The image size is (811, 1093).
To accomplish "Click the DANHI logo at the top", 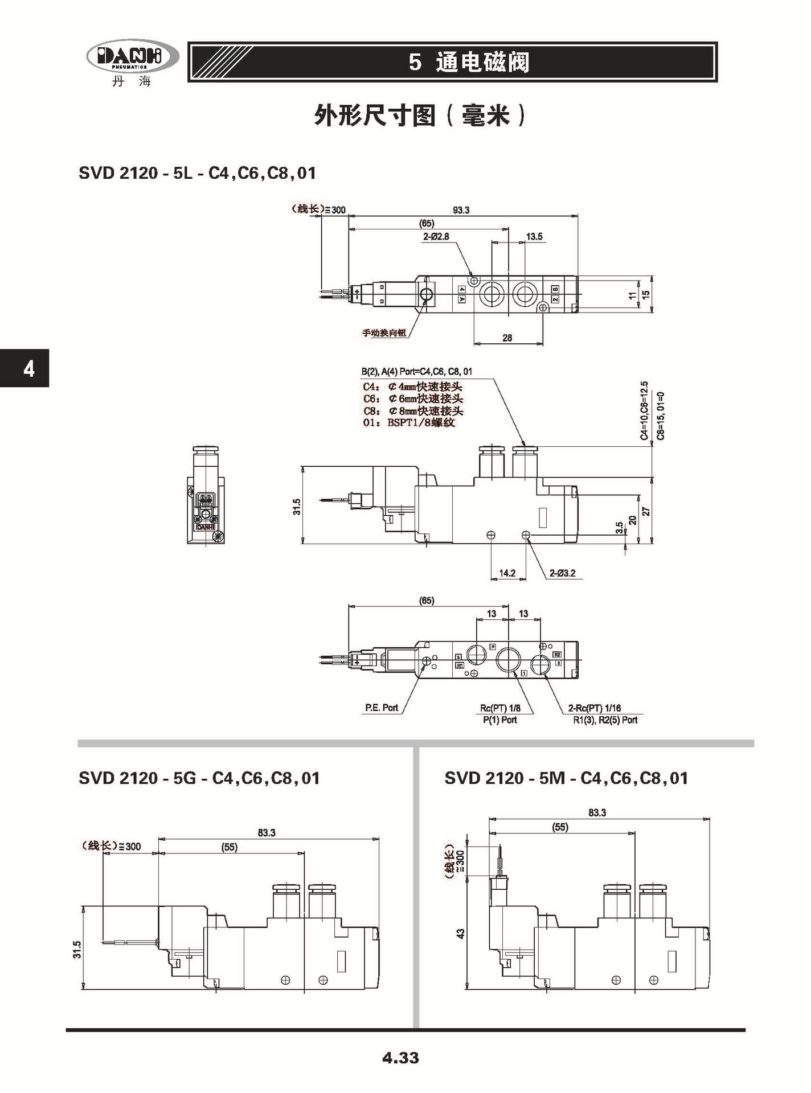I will point(132,57).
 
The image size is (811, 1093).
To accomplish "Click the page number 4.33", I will point(400,1058).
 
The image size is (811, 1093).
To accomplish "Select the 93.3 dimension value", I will point(461,210).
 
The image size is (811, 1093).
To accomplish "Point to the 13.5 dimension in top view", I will point(534,236).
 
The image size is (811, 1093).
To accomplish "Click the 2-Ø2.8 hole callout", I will point(436,236).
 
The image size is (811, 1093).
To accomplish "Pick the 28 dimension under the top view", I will point(507,338).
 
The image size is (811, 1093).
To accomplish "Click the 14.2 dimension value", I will point(507,573).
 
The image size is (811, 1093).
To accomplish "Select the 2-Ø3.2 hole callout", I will point(562,573).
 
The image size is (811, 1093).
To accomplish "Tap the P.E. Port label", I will point(382,708).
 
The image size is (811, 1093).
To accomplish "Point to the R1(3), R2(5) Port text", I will point(605,720).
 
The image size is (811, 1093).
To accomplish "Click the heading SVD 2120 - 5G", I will point(199,778).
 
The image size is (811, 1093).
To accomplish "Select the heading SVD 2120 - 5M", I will point(566,778).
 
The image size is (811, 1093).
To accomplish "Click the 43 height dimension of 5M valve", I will point(461,934).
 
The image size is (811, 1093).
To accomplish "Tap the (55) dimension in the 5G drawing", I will point(229,847).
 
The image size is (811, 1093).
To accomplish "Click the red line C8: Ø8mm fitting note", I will point(413,410).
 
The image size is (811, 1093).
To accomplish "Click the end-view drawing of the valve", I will point(206,495).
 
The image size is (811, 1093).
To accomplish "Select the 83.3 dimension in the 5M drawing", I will point(597,813).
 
